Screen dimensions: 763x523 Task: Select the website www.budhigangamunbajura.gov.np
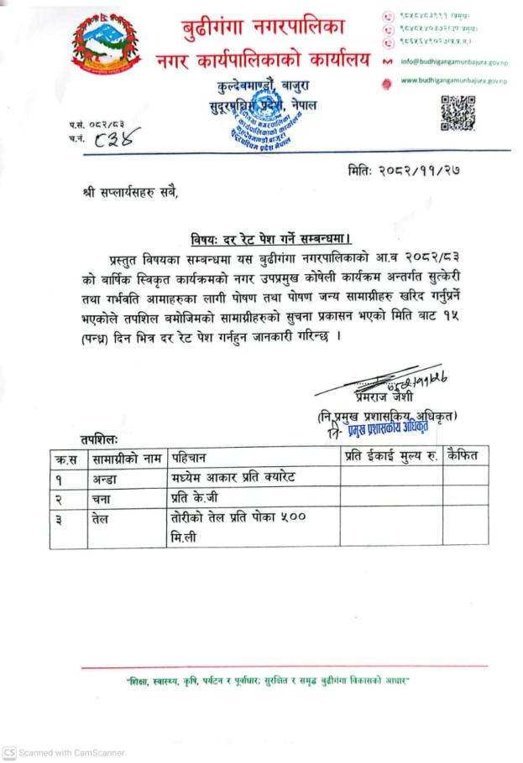click(458, 80)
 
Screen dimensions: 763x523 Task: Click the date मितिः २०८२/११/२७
click(406, 172)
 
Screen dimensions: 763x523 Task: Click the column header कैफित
click(464, 457)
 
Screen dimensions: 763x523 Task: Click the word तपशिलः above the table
click(100, 439)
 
